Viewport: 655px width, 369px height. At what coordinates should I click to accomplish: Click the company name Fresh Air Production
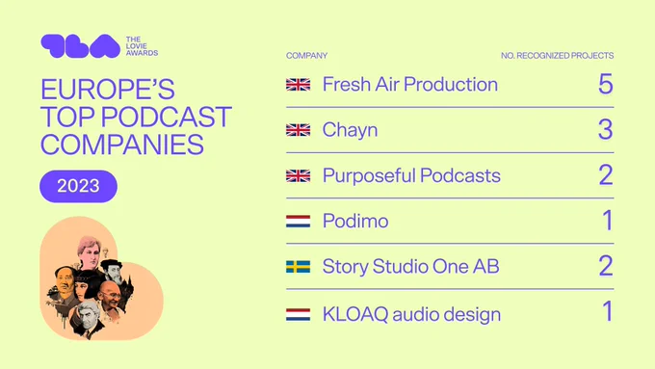[x=409, y=85]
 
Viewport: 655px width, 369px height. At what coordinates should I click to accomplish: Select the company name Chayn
[x=350, y=130]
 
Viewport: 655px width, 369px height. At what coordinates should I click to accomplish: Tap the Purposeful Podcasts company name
[x=411, y=176]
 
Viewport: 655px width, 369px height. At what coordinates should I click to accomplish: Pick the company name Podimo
[x=355, y=221]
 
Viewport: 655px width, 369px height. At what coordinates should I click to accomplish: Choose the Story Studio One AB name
[x=411, y=267]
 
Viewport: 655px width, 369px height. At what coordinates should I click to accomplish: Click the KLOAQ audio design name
[x=411, y=314]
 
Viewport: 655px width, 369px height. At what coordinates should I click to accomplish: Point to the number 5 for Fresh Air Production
[x=606, y=84]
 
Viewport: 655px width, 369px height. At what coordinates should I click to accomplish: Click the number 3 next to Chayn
[x=606, y=129]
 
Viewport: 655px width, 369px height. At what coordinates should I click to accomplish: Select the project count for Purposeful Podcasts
[x=606, y=175]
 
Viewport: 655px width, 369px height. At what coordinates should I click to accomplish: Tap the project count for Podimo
[x=608, y=221]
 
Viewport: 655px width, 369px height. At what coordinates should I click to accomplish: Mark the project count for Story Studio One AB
[x=606, y=266]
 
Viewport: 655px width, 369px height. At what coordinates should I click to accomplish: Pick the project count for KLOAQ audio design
[x=608, y=311]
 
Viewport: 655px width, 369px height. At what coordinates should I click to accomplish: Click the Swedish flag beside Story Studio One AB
[x=299, y=267]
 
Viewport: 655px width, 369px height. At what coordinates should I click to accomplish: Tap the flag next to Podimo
[x=299, y=221]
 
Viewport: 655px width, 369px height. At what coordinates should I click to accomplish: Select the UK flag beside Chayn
[x=299, y=130]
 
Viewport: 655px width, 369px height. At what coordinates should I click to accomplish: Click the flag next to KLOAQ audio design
[x=299, y=315]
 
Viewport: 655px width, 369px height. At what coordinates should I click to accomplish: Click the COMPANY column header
[x=306, y=56]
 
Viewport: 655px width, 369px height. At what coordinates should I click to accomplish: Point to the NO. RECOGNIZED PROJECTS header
[x=558, y=56]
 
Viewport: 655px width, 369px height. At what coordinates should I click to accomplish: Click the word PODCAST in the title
[x=167, y=117]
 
